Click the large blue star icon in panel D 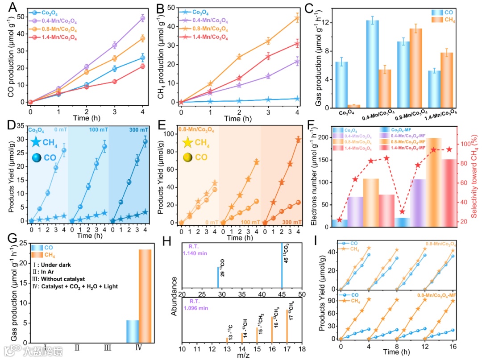point(36,142)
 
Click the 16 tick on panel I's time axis point(453,346)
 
